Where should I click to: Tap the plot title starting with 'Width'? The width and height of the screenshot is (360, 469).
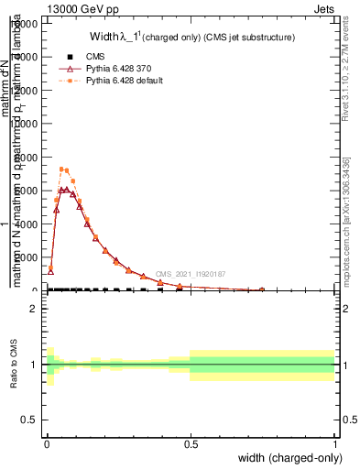point(191,38)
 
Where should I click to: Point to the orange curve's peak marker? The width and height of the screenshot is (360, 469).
point(61,169)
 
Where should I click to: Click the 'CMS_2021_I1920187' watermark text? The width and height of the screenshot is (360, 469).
point(190,274)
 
